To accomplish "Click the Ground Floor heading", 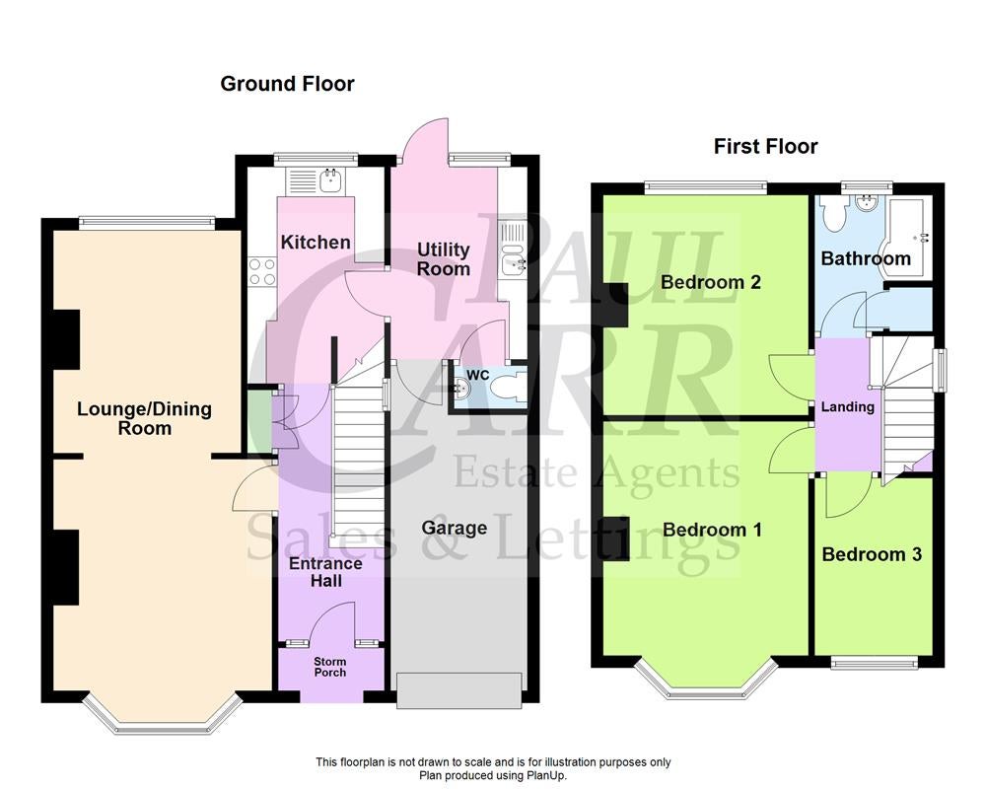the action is pyautogui.click(x=287, y=84).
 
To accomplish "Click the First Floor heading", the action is pyautogui.click(x=765, y=147).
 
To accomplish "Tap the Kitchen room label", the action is pyautogui.click(x=316, y=243).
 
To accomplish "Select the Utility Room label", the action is pyautogui.click(x=444, y=259).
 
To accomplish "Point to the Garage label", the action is pyautogui.click(x=454, y=528).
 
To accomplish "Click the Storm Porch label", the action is pyautogui.click(x=330, y=667).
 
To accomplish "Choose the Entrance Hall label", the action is pyautogui.click(x=325, y=572).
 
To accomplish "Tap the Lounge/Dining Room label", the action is pyautogui.click(x=145, y=418).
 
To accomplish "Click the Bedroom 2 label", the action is pyautogui.click(x=711, y=282).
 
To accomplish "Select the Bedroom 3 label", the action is pyautogui.click(x=872, y=554).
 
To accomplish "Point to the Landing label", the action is pyautogui.click(x=848, y=407).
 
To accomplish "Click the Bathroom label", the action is pyautogui.click(x=866, y=258).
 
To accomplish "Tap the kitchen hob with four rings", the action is pyautogui.click(x=262, y=272).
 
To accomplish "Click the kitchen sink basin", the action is pyautogui.click(x=330, y=180).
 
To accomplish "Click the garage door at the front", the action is pyautogui.click(x=459, y=690).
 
